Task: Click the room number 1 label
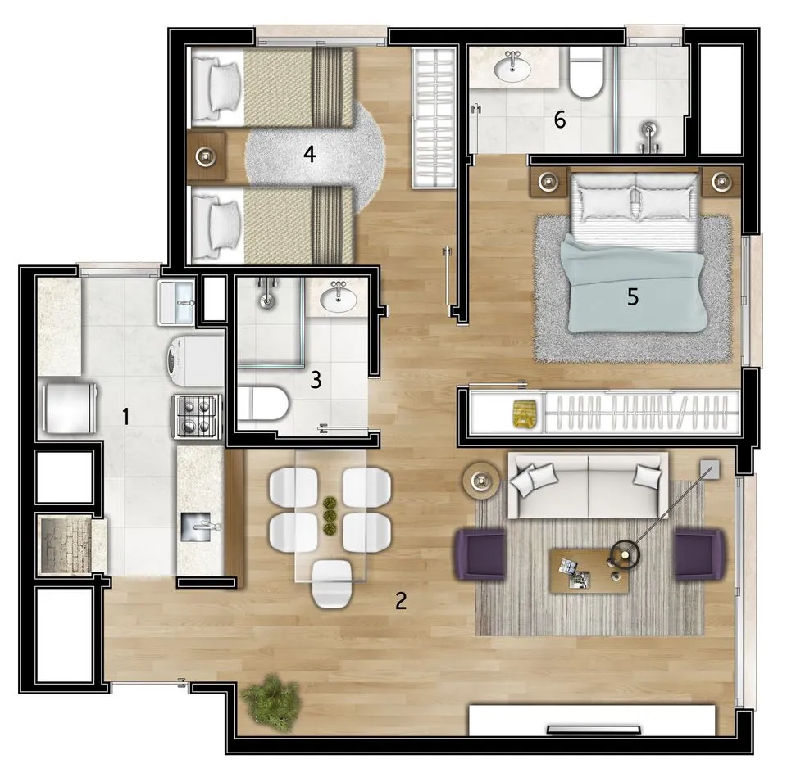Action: tap(126, 416)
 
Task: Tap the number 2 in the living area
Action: tap(401, 600)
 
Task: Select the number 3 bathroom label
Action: tap(316, 379)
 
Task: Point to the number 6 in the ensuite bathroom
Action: tap(560, 120)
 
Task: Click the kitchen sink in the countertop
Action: tap(197, 527)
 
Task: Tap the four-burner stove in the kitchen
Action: tap(198, 416)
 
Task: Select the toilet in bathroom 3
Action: tap(262, 403)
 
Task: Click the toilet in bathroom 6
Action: tap(585, 73)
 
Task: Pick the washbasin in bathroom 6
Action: tap(512, 68)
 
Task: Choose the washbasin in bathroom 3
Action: tap(339, 298)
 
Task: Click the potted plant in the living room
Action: tap(271, 699)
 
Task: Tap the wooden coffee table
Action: tap(589, 571)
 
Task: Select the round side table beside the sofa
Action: tap(481, 480)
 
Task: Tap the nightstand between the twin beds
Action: tap(206, 156)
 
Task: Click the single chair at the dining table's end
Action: tap(331, 584)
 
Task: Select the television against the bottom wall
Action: tap(594, 729)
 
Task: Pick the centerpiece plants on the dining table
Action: tap(330, 515)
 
